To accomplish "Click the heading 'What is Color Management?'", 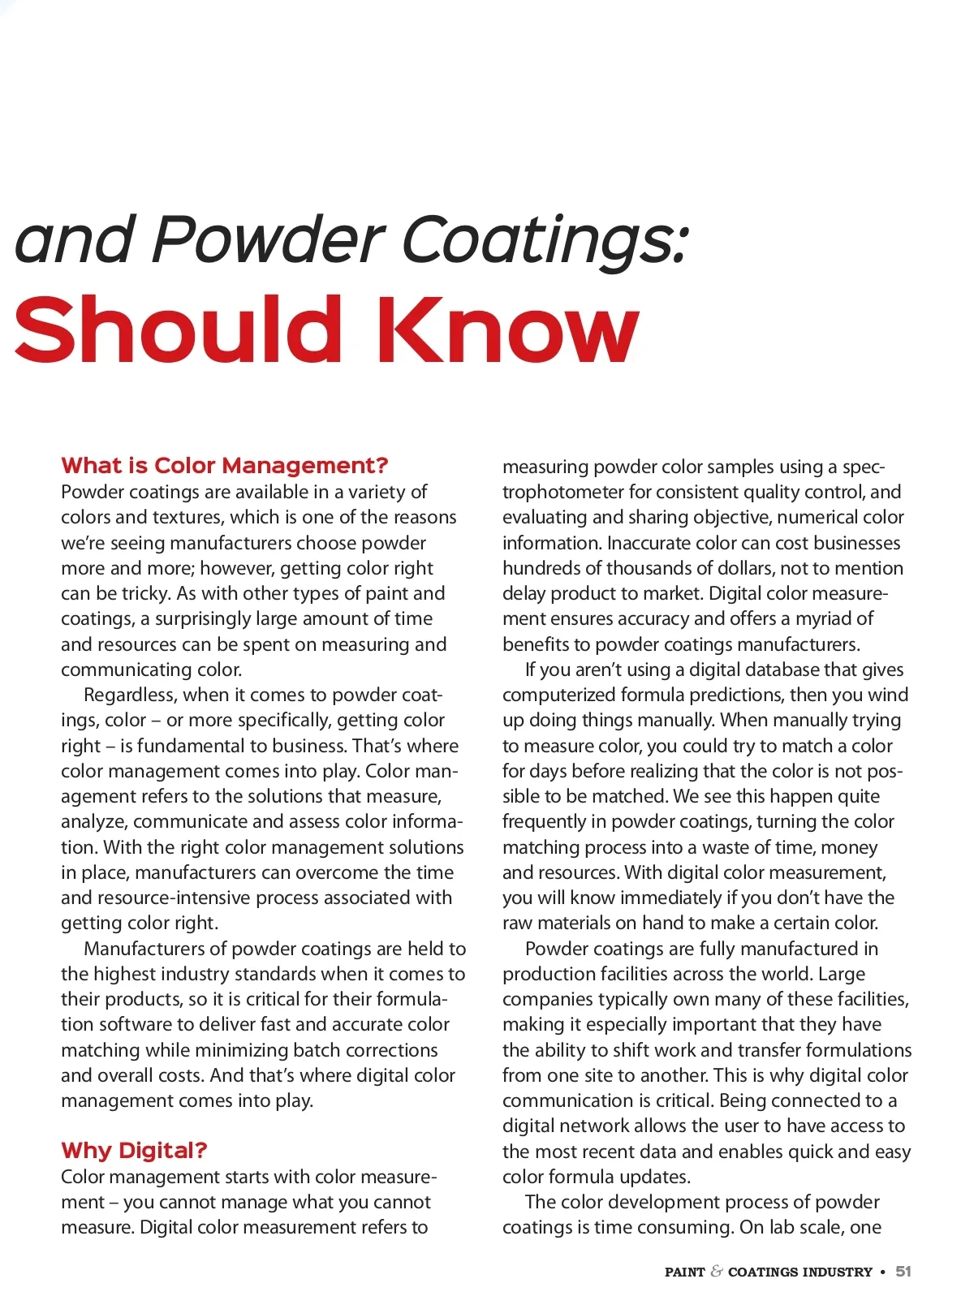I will (x=224, y=466).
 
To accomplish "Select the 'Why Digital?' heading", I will (x=134, y=1150).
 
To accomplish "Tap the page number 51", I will (x=903, y=1272).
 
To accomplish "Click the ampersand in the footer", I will (x=716, y=1272).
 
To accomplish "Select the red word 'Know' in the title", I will (x=507, y=330).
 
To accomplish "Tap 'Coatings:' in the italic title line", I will (x=545, y=241).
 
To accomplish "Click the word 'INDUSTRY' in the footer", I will (x=836, y=1272).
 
